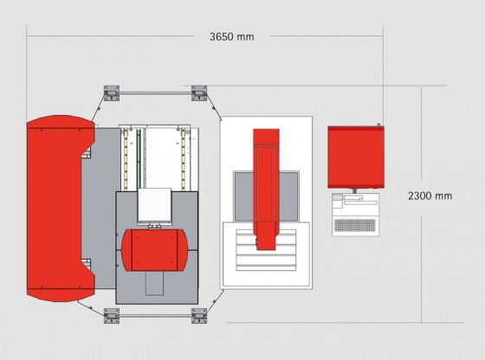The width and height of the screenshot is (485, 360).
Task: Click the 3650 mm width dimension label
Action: [x=232, y=36]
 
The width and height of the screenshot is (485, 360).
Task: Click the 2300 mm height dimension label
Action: [x=430, y=196]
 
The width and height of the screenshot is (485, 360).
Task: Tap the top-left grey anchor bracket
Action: [x=112, y=93]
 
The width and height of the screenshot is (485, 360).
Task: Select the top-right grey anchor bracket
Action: [x=199, y=93]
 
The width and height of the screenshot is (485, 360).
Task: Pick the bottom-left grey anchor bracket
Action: [x=112, y=316]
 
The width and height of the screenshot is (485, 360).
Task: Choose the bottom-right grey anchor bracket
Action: [x=199, y=316]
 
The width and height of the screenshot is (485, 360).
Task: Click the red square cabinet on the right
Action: [x=356, y=157]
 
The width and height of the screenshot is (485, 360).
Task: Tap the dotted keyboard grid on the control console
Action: [x=355, y=225]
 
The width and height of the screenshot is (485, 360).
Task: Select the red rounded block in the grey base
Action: [x=154, y=250]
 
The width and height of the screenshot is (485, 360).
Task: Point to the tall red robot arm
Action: [x=266, y=190]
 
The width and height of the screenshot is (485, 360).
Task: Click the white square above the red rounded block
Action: [x=154, y=205]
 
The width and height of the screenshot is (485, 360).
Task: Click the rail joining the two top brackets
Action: [x=155, y=93]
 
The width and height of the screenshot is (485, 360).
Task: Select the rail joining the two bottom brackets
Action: [x=155, y=316]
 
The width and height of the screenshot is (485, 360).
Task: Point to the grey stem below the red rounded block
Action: [x=155, y=283]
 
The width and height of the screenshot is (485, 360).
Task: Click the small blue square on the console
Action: [x=337, y=196]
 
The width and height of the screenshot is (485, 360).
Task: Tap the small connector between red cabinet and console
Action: [x=355, y=191]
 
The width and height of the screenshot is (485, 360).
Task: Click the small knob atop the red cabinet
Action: [x=378, y=125]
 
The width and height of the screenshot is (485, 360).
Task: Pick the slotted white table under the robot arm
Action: [x=266, y=250]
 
